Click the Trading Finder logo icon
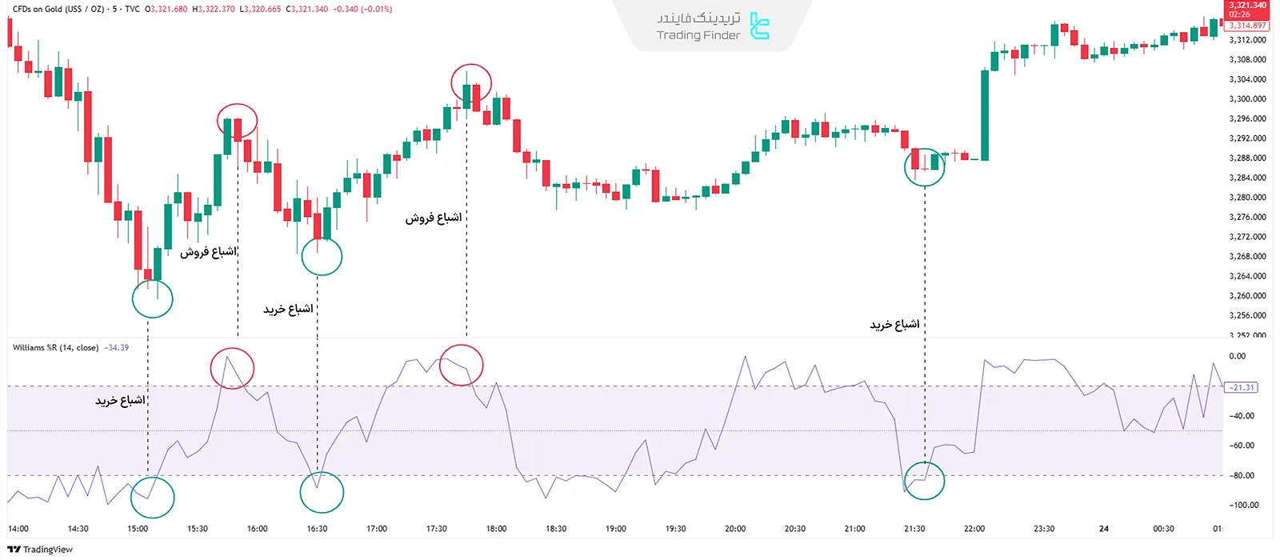(x=759, y=26)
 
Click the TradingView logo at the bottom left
(x=40, y=550)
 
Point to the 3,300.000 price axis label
(x=1247, y=99)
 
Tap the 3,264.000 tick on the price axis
(x=1247, y=276)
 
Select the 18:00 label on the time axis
(x=496, y=529)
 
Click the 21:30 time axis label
(x=914, y=529)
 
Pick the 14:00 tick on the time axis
(x=18, y=529)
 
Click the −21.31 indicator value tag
(x=1241, y=387)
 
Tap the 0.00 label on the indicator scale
(x=1237, y=356)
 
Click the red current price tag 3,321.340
(x=1248, y=6)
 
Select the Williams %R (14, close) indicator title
(x=55, y=348)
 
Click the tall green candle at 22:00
(x=985, y=114)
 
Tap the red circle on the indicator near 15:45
(x=232, y=368)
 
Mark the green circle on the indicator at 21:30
(x=924, y=479)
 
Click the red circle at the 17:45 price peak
(x=471, y=84)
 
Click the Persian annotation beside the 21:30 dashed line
(x=894, y=324)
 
